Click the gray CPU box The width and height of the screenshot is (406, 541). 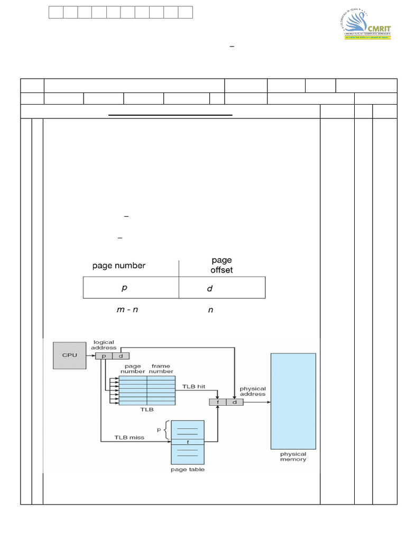coord(69,355)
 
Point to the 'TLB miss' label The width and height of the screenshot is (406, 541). coord(129,437)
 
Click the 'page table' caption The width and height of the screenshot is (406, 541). coord(188,469)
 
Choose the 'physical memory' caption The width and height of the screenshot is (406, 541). coord(293,456)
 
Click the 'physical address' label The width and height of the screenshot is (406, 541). coord(253,391)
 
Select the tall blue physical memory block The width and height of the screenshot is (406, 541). coord(293,400)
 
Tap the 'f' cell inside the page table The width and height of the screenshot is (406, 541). coord(188,442)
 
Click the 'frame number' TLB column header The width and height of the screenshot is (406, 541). coord(161,369)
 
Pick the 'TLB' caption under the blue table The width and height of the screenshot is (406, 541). coord(147,409)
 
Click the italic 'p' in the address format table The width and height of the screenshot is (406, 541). coord(125,288)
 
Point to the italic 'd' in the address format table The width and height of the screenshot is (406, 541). coord(210,289)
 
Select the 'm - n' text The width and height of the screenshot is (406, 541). coord(127,310)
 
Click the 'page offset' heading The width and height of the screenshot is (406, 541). coord(222,265)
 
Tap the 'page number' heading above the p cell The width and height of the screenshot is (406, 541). coord(119,266)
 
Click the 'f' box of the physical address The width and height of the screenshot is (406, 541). coord(218,402)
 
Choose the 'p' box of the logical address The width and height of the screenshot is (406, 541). coord(104,356)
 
